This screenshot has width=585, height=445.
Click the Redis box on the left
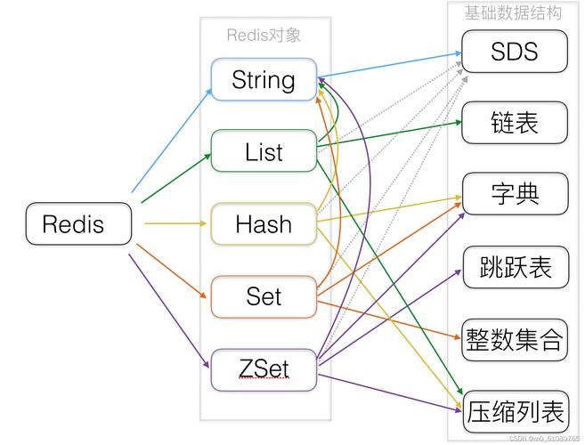tap(79, 223)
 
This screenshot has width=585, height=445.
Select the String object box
tap(264, 79)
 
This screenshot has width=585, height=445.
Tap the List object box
tap(264, 151)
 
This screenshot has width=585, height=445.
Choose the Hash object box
tap(264, 223)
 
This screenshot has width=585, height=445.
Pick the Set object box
tap(264, 296)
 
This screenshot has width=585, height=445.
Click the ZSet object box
tap(264, 368)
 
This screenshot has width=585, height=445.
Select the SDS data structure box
tap(514, 51)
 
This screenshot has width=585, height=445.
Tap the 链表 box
tap(514, 122)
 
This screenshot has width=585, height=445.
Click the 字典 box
tap(514, 194)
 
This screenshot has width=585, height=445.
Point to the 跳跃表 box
tap(514, 266)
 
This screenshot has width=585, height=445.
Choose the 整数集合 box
tap(514, 339)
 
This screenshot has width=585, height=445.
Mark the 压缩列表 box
tap(514, 412)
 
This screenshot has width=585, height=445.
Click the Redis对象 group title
tap(264, 36)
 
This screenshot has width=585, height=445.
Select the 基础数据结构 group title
tap(513, 12)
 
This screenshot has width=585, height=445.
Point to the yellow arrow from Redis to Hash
tap(175, 223)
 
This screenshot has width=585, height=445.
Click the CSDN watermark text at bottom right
tap(543, 439)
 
